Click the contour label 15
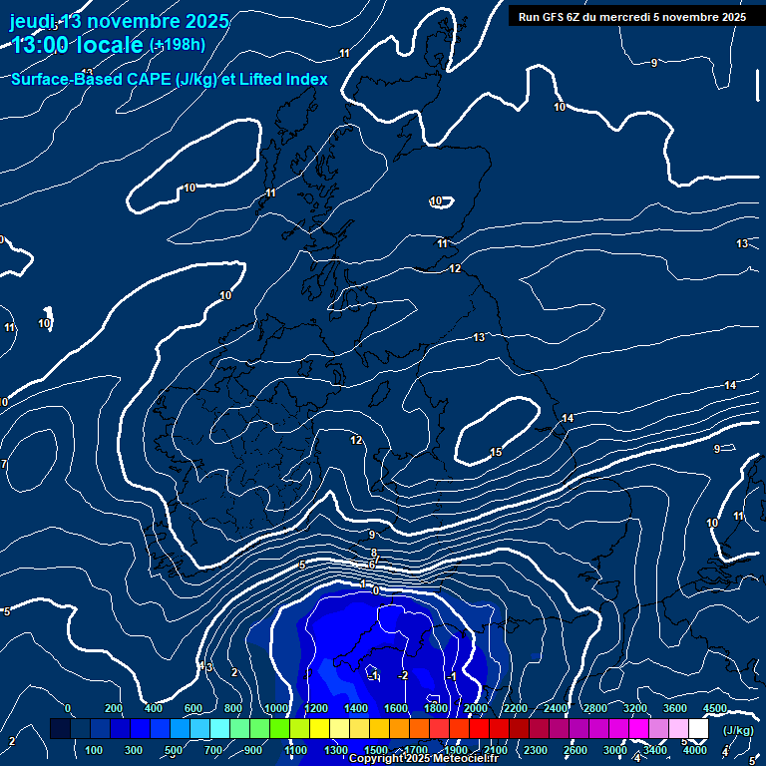pyautogui.click(x=496, y=453)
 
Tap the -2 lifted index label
pyautogui.click(x=403, y=675)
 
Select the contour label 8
pyautogui.click(x=374, y=553)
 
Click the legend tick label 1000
pyautogui.click(x=275, y=708)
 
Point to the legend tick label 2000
pyautogui.click(x=475, y=708)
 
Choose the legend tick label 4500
pyautogui.click(x=714, y=708)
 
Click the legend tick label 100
pyautogui.click(x=95, y=750)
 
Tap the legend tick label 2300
pyautogui.click(x=536, y=750)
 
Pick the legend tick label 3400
pyautogui.click(x=655, y=750)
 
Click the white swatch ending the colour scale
pyautogui.click(x=699, y=729)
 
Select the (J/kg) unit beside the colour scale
pyautogui.click(x=738, y=731)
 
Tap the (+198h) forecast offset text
pyautogui.click(x=178, y=44)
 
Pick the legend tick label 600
pyautogui.click(x=194, y=708)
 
